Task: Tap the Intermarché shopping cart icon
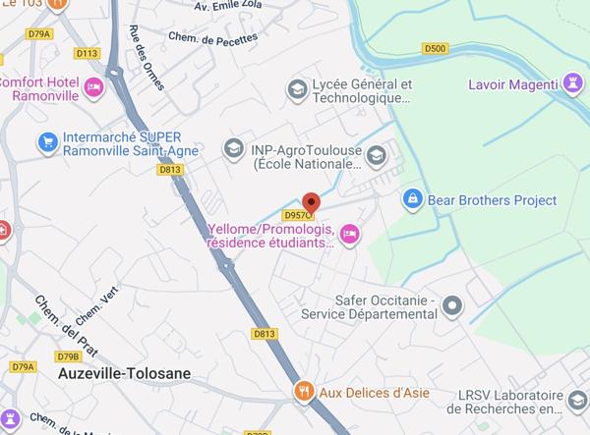coord(46,143)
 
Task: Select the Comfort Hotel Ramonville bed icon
coord(95,87)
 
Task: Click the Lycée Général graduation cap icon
coord(296,90)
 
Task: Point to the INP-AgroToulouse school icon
coord(233,148)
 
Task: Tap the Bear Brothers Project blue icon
coord(413,199)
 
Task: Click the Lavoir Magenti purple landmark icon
coord(573,82)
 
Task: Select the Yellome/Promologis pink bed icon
coord(349,233)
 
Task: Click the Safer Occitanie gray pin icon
coord(452,306)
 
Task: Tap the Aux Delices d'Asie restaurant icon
coord(305,391)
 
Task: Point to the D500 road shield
coord(435,48)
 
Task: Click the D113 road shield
coord(87,53)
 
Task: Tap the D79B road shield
coord(68,356)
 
